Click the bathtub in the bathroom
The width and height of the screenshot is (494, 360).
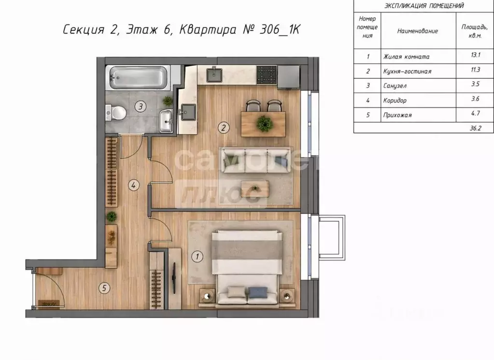[138, 77]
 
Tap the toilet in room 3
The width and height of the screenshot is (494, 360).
[116, 112]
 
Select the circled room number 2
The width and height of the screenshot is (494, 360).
[224, 128]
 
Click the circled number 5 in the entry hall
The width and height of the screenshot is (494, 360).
[104, 288]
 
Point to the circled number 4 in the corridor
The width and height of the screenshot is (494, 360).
[134, 185]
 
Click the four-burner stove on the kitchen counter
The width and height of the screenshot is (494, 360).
[267, 75]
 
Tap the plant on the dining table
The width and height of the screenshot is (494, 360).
[264, 123]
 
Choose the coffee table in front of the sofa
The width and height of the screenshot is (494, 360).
[255, 189]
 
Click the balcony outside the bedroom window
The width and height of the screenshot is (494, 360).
[332, 237]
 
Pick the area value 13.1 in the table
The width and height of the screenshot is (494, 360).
[476, 55]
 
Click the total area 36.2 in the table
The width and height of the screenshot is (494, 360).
[476, 128]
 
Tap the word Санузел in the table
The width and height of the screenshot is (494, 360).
[395, 86]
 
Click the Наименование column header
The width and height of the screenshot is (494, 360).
[417, 31]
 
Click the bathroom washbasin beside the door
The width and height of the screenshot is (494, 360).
[166, 121]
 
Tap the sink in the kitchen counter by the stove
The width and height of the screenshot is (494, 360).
[214, 75]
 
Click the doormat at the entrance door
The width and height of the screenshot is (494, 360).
[48, 303]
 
